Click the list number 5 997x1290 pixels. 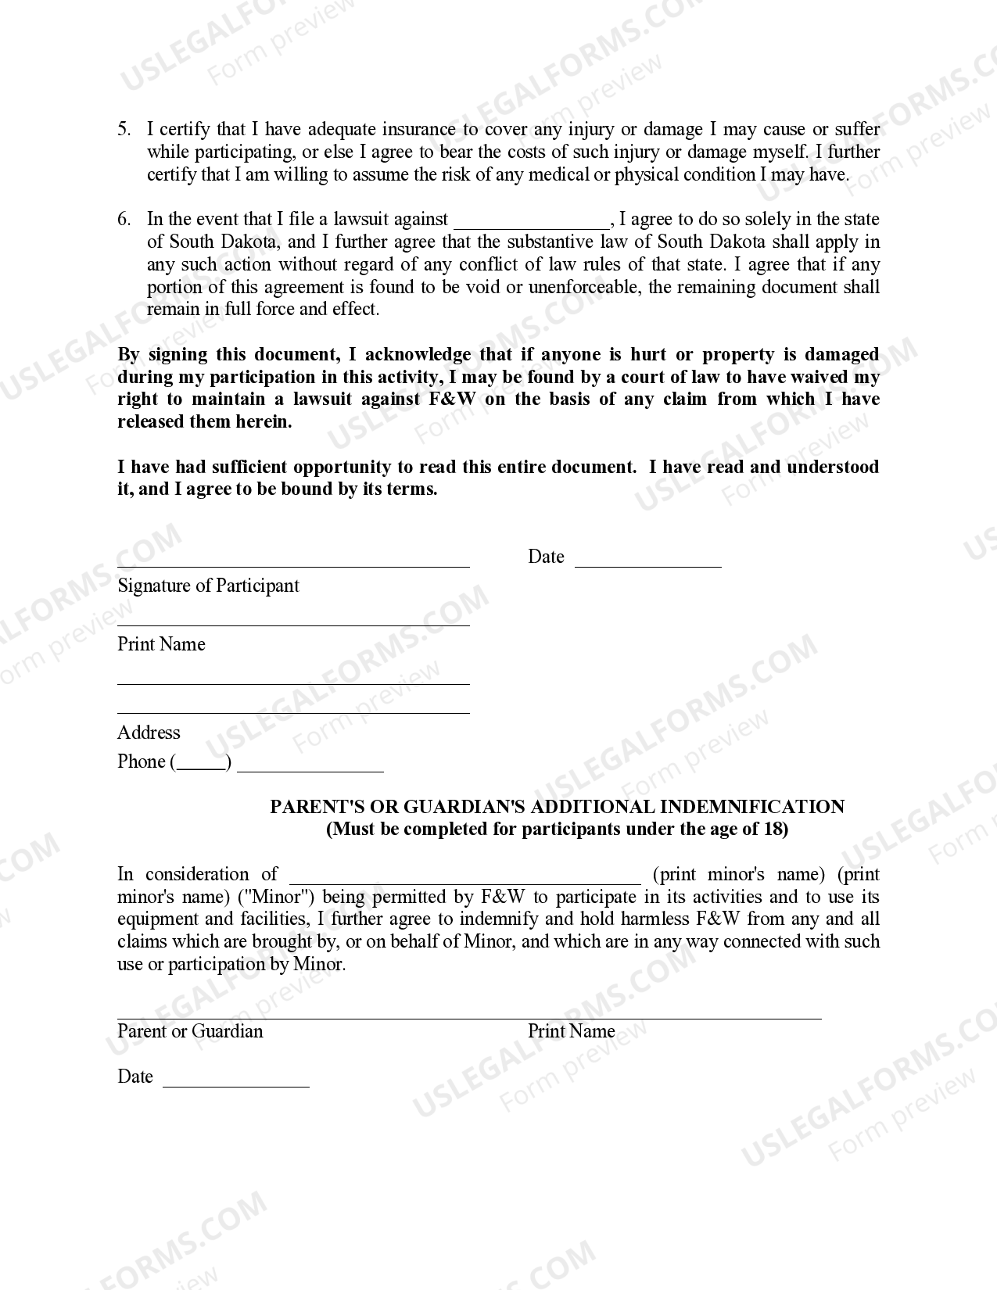tap(124, 130)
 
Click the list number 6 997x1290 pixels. tap(124, 220)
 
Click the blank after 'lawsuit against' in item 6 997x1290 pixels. tap(531, 222)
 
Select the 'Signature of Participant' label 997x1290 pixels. tap(208, 586)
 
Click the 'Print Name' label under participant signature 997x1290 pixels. tap(161, 644)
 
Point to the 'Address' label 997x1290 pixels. tap(149, 733)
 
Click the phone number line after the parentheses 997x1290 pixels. tap(310, 769)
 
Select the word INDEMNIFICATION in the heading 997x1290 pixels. tap(752, 807)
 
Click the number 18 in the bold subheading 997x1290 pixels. tap(773, 829)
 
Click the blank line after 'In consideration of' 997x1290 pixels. tap(464, 879)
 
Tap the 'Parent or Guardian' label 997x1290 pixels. tap(190, 1031)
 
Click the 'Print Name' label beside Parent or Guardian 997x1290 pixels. tap(571, 1031)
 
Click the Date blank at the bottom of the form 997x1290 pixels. tap(235, 1084)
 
